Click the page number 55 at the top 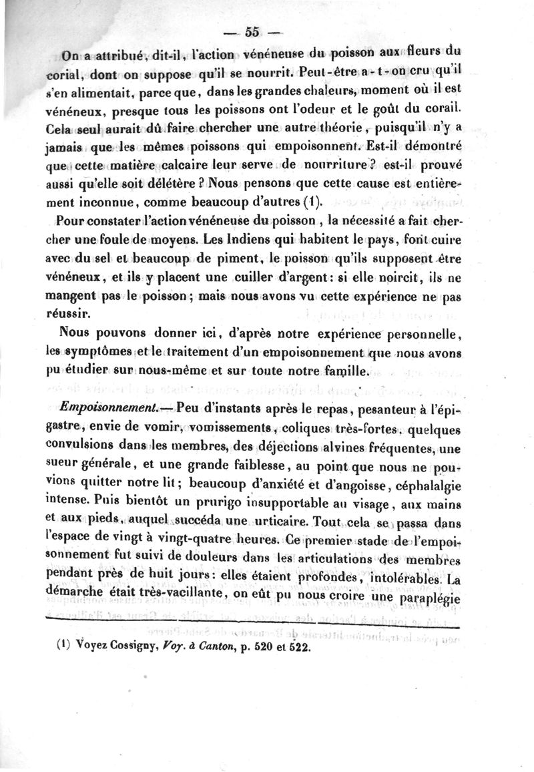252,31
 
